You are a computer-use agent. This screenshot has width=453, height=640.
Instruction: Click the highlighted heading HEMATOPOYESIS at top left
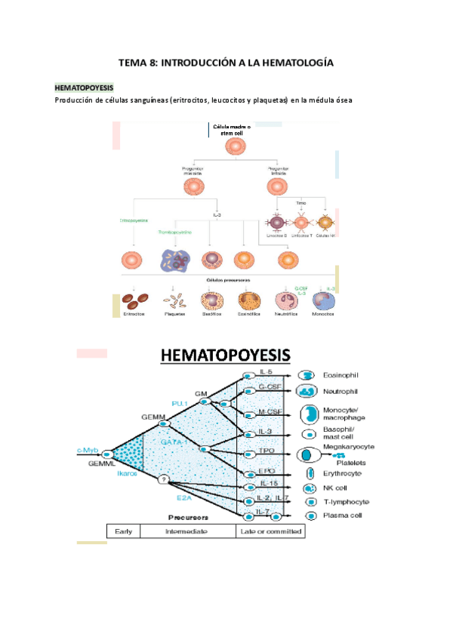point(83,88)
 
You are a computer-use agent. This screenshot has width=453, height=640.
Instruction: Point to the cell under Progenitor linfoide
point(277,186)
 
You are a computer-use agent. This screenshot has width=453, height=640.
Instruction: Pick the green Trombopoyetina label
point(174,232)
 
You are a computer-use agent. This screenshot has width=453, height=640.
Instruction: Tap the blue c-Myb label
point(88,451)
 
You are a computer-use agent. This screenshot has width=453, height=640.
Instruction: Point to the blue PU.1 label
point(180,405)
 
